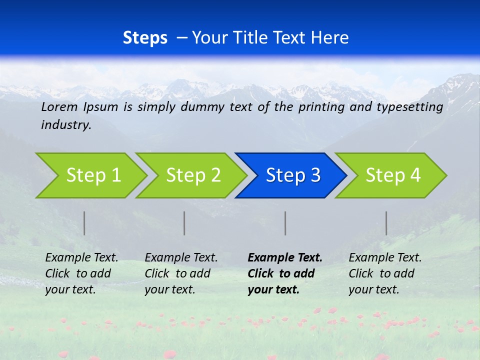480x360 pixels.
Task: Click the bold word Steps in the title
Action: (145, 38)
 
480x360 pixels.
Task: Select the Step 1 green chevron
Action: (92, 175)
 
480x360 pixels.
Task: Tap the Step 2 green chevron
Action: (192, 175)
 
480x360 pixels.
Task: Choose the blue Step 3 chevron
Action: (292, 175)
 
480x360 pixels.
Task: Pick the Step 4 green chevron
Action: (392, 175)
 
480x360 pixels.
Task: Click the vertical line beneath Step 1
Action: (84, 223)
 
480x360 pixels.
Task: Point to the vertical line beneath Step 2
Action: (184, 223)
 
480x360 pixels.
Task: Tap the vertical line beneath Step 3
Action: (285, 223)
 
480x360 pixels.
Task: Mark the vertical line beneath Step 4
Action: (386, 223)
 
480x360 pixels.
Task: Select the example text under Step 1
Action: (81, 273)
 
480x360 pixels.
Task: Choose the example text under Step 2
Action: (181, 273)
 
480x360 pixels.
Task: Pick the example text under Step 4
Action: (385, 273)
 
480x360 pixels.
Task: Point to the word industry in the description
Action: (66, 125)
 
